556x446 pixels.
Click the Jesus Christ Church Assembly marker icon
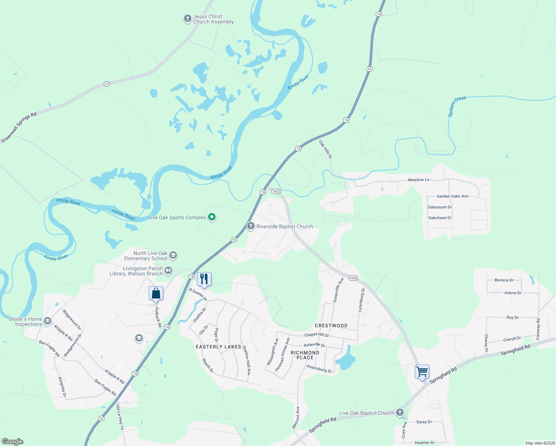tap(187, 19)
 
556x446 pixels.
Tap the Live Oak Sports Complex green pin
tap(212, 217)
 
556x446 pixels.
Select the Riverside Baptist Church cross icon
tap(251, 226)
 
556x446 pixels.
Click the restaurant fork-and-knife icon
tap(204, 279)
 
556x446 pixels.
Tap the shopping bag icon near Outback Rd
tap(156, 294)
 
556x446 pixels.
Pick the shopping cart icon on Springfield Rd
tap(422, 372)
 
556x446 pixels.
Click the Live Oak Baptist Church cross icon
tap(400, 412)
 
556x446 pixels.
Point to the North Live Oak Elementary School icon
tap(173, 255)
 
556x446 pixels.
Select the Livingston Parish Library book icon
tap(168, 271)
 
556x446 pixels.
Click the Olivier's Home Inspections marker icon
tap(48, 321)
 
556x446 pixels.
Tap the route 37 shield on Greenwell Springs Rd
tap(107, 84)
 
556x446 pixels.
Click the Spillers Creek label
tap(457, 106)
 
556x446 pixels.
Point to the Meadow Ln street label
tap(418, 180)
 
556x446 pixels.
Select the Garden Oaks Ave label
tap(452, 196)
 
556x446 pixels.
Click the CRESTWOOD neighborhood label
tap(331, 326)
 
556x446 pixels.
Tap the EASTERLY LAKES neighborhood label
tap(219, 347)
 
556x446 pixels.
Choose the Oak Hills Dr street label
tap(325, 149)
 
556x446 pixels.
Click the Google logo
tap(13, 442)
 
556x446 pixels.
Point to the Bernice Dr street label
tap(504, 280)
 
